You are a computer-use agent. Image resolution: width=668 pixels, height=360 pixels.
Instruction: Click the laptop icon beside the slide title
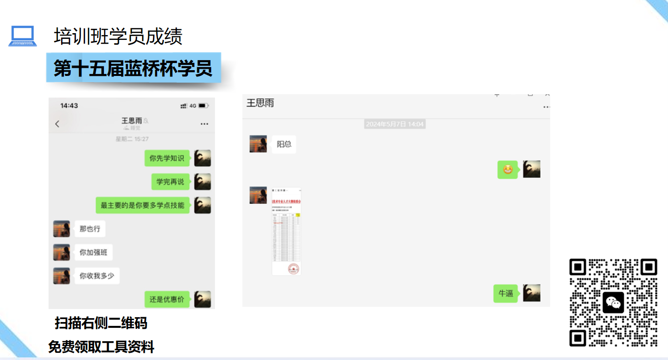pyautogui.click(x=23, y=36)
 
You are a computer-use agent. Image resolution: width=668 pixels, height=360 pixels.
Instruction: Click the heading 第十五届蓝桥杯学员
pyautogui.click(x=133, y=68)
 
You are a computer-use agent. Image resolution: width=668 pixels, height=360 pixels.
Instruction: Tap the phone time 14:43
pyautogui.click(x=69, y=105)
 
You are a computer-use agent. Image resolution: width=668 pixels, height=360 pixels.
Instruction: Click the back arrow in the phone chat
pyautogui.click(x=57, y=124)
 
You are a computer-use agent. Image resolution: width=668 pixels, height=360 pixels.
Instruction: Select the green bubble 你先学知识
pyautogui.click(x=167, y=158)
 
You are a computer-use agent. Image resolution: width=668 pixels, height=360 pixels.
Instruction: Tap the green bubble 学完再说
pyautogui.click(x=170, y=182)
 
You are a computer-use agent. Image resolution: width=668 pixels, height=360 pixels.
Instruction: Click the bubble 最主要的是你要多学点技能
pyautogui.click(x=142, y=205)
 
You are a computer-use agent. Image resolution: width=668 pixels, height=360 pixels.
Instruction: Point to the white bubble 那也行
pyautogui.click(x=90, y=229)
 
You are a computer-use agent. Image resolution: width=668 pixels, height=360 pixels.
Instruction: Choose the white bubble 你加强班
pyautogui.click(x=93, y=252)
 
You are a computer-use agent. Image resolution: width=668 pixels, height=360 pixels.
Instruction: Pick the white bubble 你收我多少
pyautogui.click(x=97, y=276)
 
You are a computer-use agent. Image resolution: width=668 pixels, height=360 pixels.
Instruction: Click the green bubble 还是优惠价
pyautogui.click(x=167, y=299)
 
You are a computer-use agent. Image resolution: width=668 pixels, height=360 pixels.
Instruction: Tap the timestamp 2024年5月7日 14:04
pyautogui.click(x=395, y=124)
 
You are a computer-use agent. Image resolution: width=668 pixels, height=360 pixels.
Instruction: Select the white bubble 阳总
pyautogui.click(x=284, y=144)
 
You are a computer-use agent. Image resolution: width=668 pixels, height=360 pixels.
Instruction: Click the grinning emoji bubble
pyautogui.click(x=507, y=170)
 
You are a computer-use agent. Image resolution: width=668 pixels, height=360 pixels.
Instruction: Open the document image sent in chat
pyautogui.click(x=287, y=231)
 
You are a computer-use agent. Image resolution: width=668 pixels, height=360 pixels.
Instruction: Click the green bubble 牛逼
pyautogui.click(x=506, y=293)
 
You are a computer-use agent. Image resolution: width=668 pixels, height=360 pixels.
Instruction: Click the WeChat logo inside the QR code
pyautogui.click(x=613, y=302)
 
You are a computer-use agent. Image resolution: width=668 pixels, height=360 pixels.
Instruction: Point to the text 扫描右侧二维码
pyautogui.click(x=101, y=323)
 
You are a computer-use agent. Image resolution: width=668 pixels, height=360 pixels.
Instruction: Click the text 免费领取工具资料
pyautogui.click(x=101, y=347)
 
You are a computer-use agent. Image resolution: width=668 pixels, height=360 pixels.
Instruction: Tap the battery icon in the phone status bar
pyautogui.click(x=203, y=105)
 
